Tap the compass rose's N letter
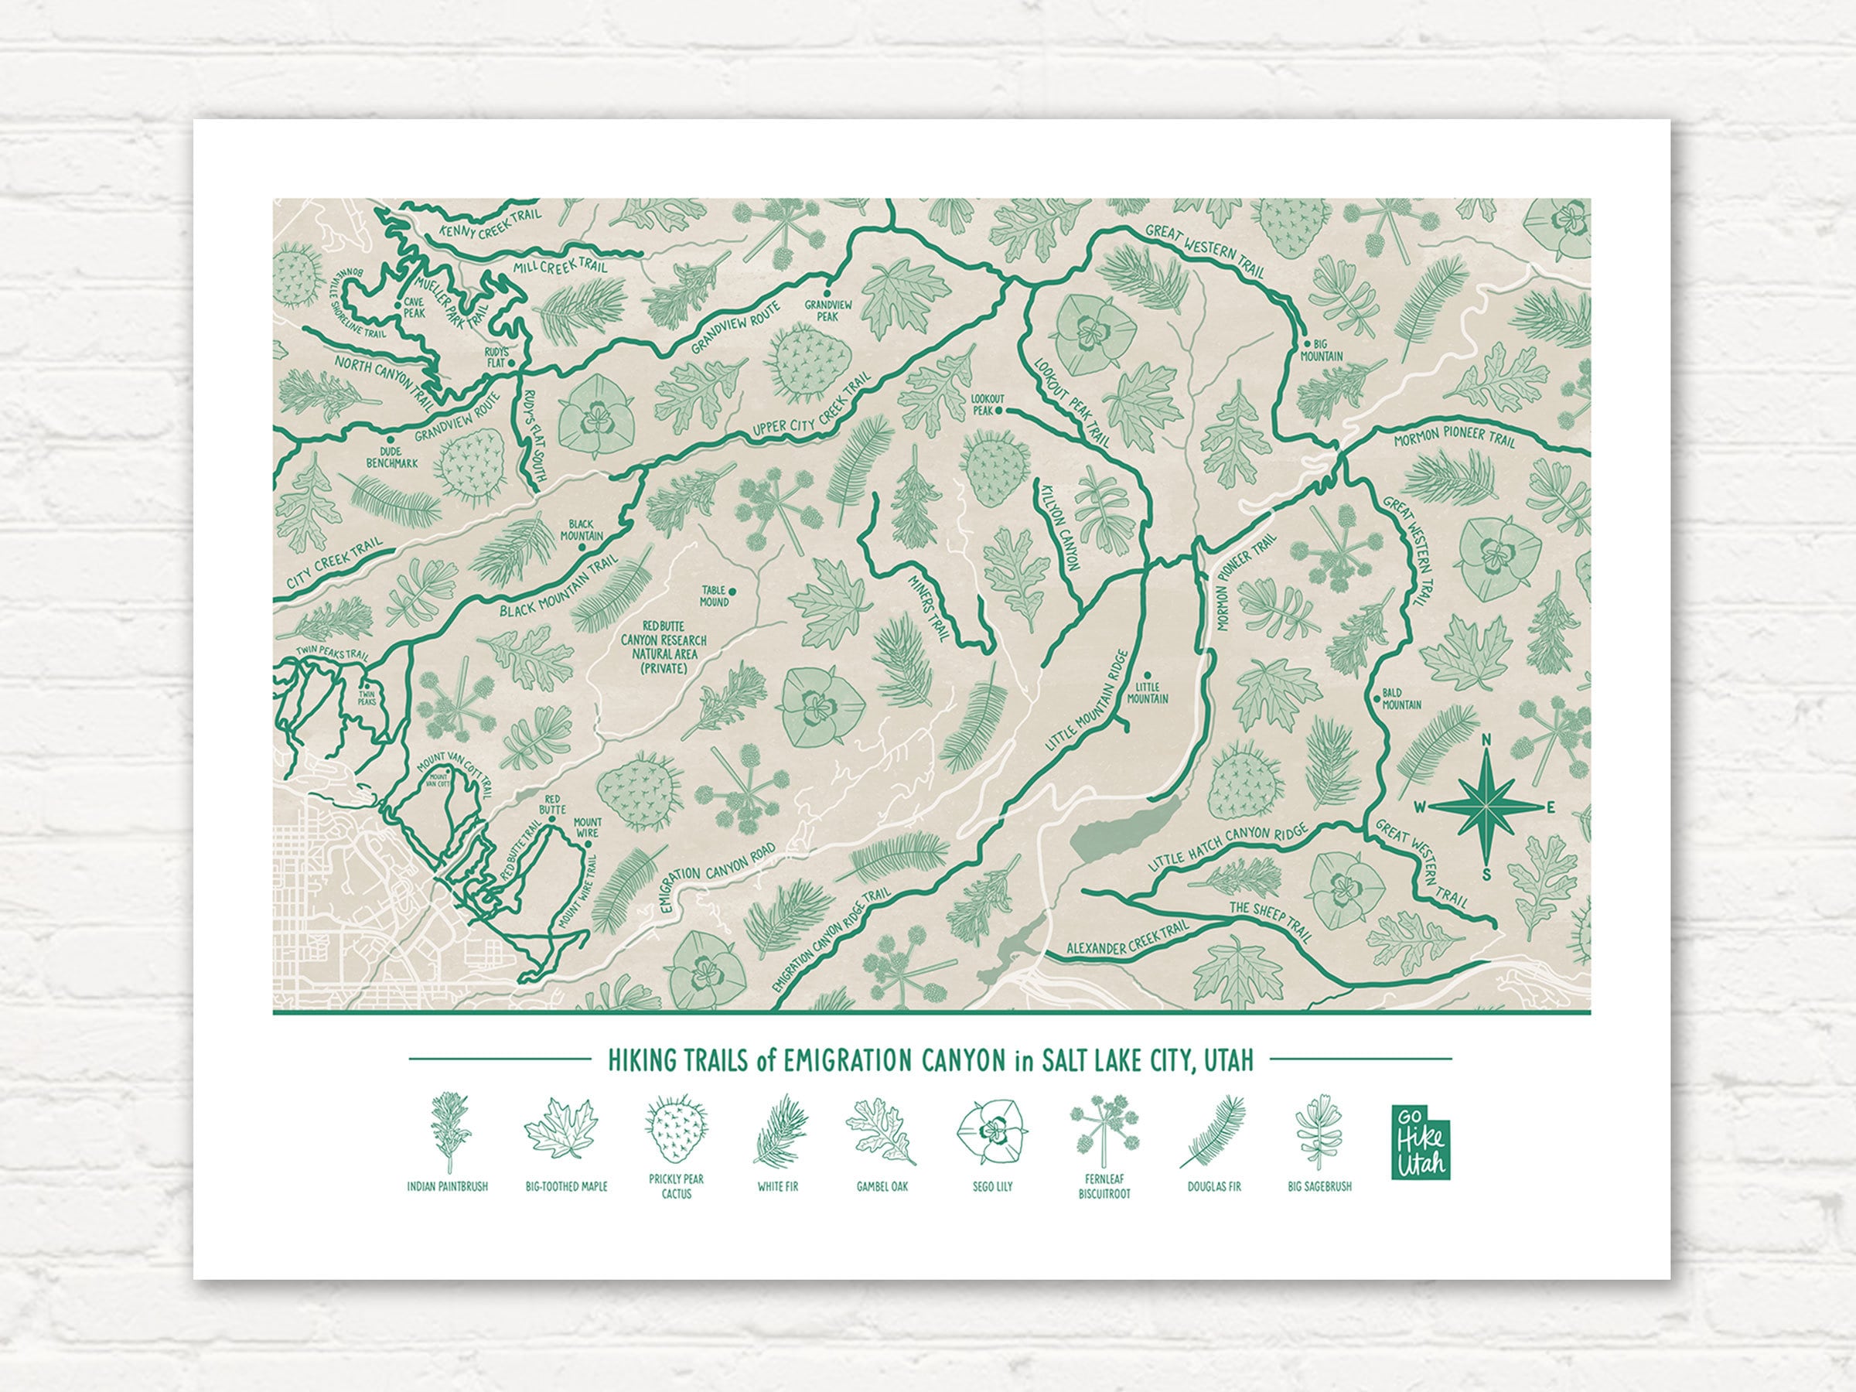(1486, 740)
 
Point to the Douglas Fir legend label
(1213, 1186)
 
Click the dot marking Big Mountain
(1306, 344)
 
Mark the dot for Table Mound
(732, 590)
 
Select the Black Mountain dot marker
(582, 546)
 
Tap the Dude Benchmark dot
(391, 438)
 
